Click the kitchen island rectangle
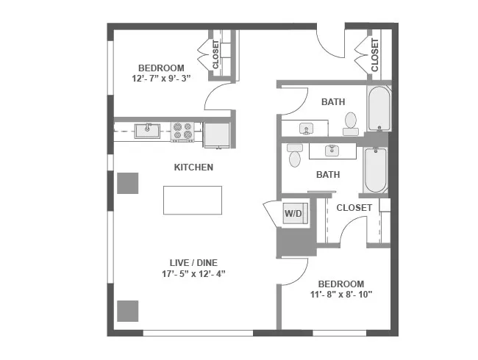pos(192,200)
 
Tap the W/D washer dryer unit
pos(293,214)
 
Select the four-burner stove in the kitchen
pos(182,132)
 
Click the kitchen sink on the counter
pos(148,131)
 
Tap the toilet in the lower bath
pos(295,156)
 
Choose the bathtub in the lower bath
pos(375,170)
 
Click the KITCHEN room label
pos(193,168)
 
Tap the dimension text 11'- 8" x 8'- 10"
pos(340,295)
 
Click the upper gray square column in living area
pos(128,182)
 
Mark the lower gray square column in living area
pos(128,312)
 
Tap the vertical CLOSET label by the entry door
pos(374,55)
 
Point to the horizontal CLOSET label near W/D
pos(354,208)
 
